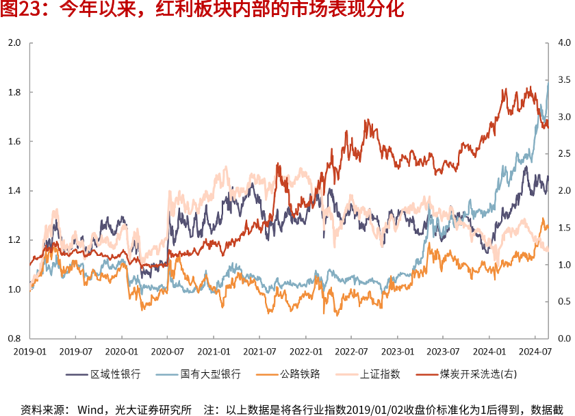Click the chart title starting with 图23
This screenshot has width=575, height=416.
[x=203, y=10]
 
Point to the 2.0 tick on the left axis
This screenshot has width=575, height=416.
[x=14, y=43]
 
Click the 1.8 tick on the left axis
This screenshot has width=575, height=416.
[x=14, y=92]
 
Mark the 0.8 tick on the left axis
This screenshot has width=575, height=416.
[x=14, y=339]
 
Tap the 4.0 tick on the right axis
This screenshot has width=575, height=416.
[x=564, y=43]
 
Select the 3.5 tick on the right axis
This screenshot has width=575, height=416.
[x=564, y=80]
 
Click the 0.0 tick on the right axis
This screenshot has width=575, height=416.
[x=564, y=339]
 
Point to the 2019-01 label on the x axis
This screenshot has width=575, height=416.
[x=30, y=351]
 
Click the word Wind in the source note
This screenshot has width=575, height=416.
[x=90, y=410]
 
